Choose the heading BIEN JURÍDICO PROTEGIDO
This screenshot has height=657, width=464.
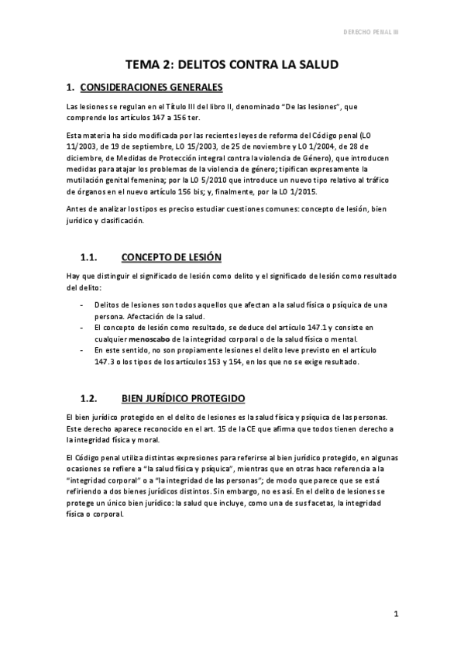coord(183,398)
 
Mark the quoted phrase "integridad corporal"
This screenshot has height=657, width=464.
coord(103,480)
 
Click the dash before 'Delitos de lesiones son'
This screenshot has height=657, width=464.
coord(83,305)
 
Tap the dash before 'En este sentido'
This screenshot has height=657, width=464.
coord(83,350)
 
